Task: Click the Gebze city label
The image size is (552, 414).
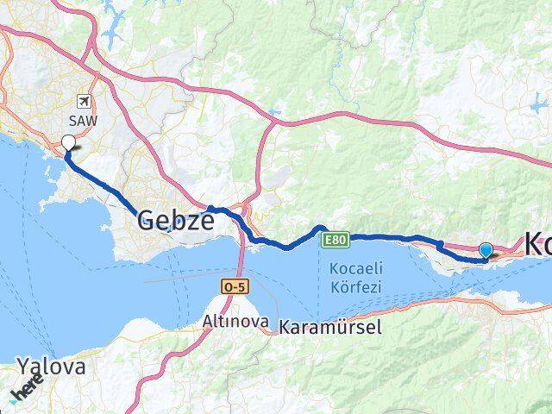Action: pyautogui.click(x=175, y=222)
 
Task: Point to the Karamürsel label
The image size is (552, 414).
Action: pyautogui.click(x=329, y=327)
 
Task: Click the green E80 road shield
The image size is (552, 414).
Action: pyautogui.click(x=336, y=241)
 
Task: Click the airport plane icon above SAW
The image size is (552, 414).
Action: pyautogui.click(x=83, y=101)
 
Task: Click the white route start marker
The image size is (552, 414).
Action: pyautogui.click(x=68, y=143)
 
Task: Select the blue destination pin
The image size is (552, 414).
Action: pyautogui.click(x=486, y=250)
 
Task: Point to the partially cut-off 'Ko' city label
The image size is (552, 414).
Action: pyautogui.click(x=536, y=244)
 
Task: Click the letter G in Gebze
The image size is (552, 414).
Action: pyautogui.click(x=147, y=222)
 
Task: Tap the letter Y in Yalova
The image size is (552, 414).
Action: pyautogui.click(x=24, y=367)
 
